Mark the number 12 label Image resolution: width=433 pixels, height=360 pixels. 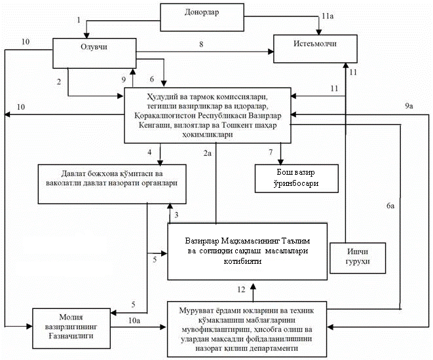[242, 289]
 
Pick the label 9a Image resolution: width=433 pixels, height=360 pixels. [409, 106]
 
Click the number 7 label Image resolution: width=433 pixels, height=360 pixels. [270, 152]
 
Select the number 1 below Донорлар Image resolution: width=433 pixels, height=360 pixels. [79, 20]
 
